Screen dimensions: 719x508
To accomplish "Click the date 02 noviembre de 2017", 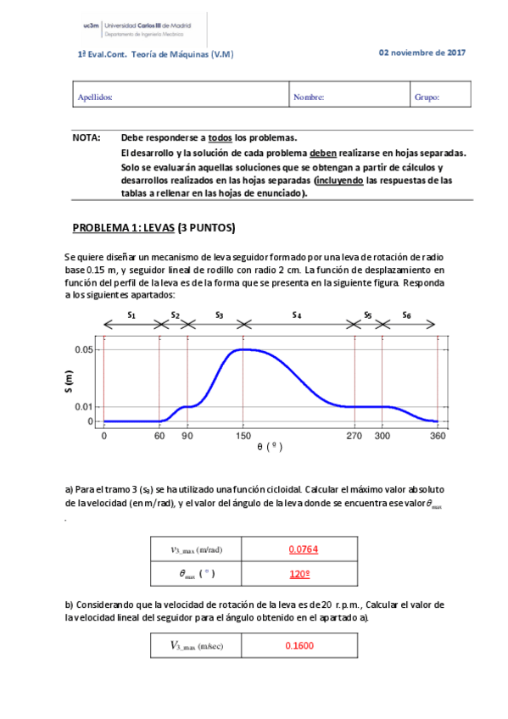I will [421, 53].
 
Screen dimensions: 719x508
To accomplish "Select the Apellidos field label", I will [95, 98].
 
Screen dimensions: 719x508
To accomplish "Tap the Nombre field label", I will [309, 98].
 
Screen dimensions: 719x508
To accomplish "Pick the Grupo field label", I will [427, 98].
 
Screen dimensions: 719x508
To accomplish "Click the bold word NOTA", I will [87, 137].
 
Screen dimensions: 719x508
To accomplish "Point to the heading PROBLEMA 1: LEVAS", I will [153, 228].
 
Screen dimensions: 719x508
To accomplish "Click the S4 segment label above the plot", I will [297, 315].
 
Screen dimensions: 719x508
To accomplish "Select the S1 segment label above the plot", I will [131, 315].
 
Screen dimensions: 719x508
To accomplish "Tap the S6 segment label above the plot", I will [407, 315].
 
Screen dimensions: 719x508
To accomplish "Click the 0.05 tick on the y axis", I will [83, 349].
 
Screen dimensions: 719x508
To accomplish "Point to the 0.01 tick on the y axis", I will [83, 407].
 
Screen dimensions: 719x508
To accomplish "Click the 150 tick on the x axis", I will [243, 436].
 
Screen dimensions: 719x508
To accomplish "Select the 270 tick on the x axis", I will [354, 436].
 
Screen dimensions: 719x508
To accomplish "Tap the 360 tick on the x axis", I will [438, 436].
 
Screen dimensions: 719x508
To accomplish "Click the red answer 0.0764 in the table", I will [303, 549].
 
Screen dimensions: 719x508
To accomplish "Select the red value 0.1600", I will [299, 646].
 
